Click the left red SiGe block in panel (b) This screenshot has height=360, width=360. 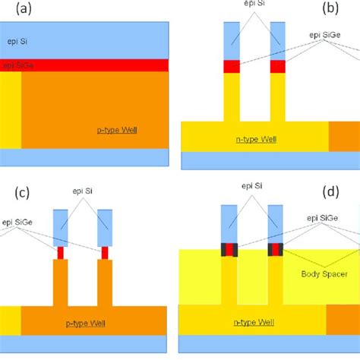(x=231, y=67)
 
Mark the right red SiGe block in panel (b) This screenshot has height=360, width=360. (x=278, y=67)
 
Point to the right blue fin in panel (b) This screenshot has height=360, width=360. (x=278, y=41)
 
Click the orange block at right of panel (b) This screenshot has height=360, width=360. (x=343, y=136)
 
